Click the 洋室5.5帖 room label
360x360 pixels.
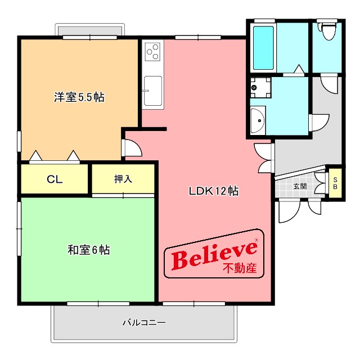79,97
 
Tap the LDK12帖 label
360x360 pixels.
213,191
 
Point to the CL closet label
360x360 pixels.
54,179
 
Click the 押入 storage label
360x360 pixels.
123,179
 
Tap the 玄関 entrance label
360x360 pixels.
299,186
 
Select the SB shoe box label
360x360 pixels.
336,183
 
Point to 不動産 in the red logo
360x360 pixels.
240,268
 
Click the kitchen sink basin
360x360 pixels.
152,89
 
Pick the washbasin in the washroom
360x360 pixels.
257,120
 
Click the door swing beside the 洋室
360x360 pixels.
132,147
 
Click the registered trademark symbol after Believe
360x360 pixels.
256,241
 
